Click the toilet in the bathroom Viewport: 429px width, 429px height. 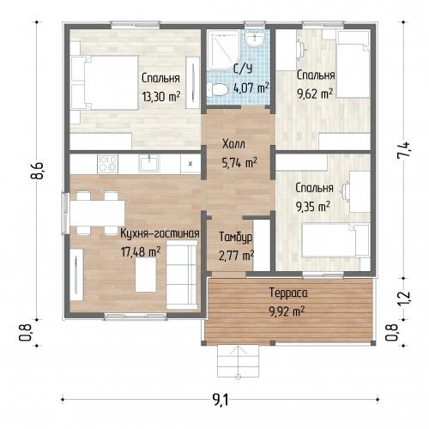coord(217,89)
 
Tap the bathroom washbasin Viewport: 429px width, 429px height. coord(255,39)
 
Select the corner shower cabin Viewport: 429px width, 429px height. coord(223,50)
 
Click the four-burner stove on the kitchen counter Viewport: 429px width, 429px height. coord(107,164)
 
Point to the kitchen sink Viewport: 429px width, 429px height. coord(148,164)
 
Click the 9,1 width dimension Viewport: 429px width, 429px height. coord(221,400)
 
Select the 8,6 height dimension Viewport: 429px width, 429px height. coord(38,171)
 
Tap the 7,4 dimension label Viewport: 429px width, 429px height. coord(405,150)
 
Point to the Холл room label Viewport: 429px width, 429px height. coord(233,144)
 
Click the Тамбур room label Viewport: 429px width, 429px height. coord(236,237)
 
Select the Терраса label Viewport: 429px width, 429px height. coord(288,293)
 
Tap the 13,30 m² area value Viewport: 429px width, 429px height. coord(161,96)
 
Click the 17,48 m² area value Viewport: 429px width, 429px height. coord(141,252)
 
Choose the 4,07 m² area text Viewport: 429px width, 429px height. coord(251,88)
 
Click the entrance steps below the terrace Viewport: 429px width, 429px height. coord(239,361)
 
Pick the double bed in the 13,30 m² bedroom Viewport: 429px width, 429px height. coord(105,83)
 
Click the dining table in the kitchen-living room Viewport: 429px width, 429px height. coord(97,214)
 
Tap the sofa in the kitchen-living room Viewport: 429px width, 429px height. coord(182,275)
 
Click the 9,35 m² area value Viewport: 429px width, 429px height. coord(313,207)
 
